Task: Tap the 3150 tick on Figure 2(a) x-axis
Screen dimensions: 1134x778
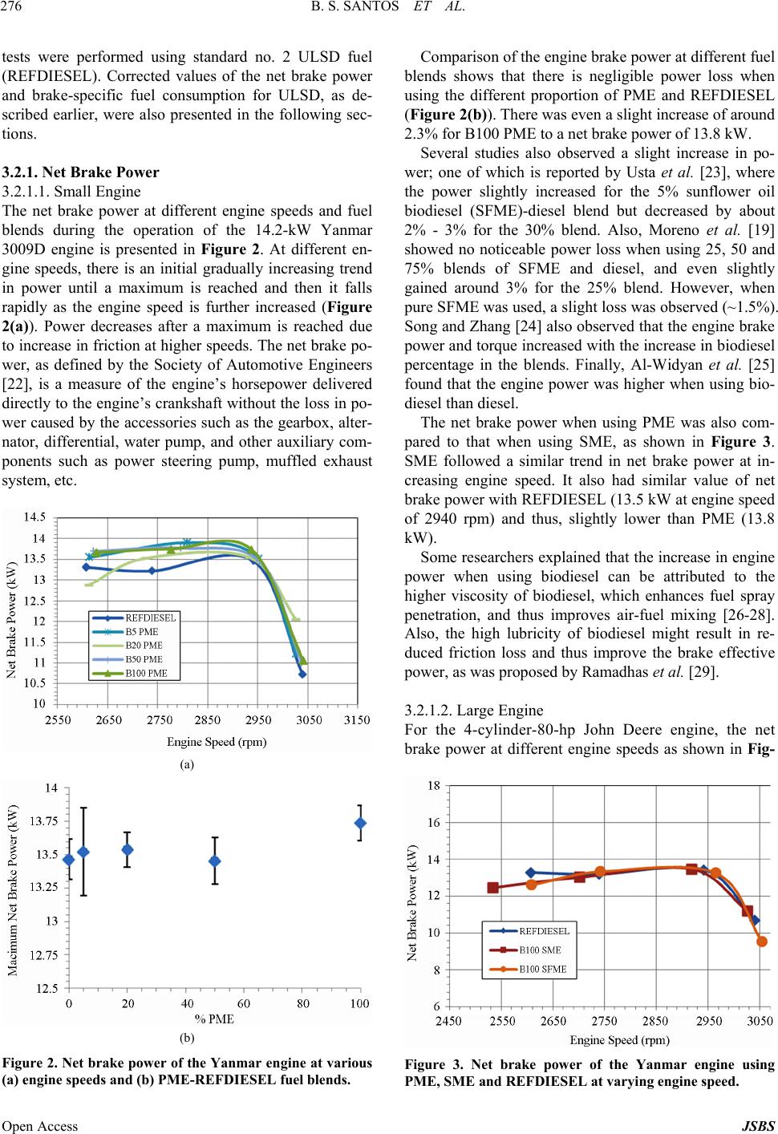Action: tap(358, 719)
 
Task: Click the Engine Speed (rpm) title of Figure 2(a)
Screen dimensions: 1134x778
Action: tap(216, 741)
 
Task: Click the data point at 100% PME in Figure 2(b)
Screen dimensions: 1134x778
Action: tap(360, 823)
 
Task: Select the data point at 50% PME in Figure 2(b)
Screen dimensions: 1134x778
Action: tap(214, 861)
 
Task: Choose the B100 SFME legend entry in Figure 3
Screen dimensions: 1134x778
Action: tap(542, 969)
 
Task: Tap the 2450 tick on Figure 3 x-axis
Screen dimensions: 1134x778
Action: tap(448, 1021)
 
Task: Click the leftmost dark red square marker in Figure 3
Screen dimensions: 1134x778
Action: tap(492, 888)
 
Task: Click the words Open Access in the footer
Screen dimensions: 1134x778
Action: tap(40, 1125)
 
